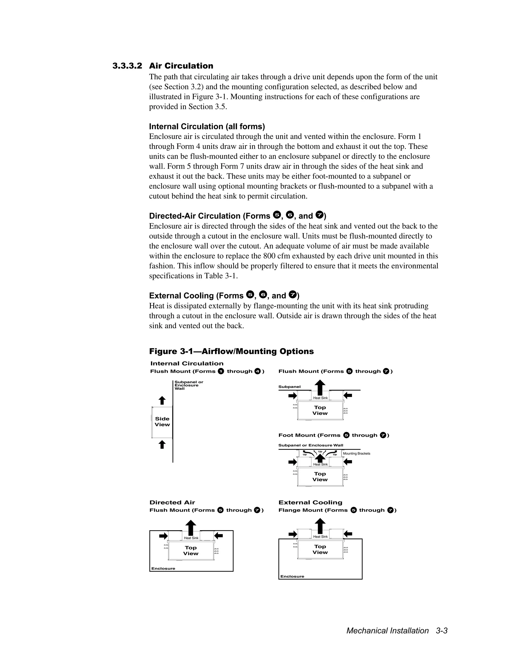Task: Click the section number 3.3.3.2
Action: pyautogui.click(x=127, y=66)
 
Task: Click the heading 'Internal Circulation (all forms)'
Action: pyautogui.click(x=207, y=126)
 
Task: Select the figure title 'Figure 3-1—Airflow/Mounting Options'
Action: pyautogui.click(x=231, y=352)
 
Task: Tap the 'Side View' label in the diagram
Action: pyautogui.click(x=162, y=422)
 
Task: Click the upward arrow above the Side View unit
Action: pyautogui.click(x=162, y=400)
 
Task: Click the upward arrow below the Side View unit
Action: pyautogui.click(x=162, y=444)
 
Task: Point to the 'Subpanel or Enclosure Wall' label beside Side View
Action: pyautogui.click(x=189, y=385)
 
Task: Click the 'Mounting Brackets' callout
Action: pyautogui.click(x=356, y=454)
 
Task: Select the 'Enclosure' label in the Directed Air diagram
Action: pyautogui.click(x=163, y=569)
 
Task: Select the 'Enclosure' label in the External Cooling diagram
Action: pyautogui.click(x=292, y=576)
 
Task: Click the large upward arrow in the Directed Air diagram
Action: pyautogui.click(x=191, y=528)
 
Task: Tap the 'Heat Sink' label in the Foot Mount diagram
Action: pyautogui.click(x=320, y=464)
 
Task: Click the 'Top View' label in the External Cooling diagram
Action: pyautogui.click(x=320, y=549)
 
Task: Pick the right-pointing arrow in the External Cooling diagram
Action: pyautogui.click(x=293, y=534)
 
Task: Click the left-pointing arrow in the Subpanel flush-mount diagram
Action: pyautogui.click(x=348, y=396)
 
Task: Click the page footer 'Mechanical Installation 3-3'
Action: pyautogui.click(x=397, y=631)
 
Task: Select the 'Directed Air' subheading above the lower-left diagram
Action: pyautogui.click(x=172, y=503)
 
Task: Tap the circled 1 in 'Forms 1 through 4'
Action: pyautogui.click(x=221, y=371)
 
